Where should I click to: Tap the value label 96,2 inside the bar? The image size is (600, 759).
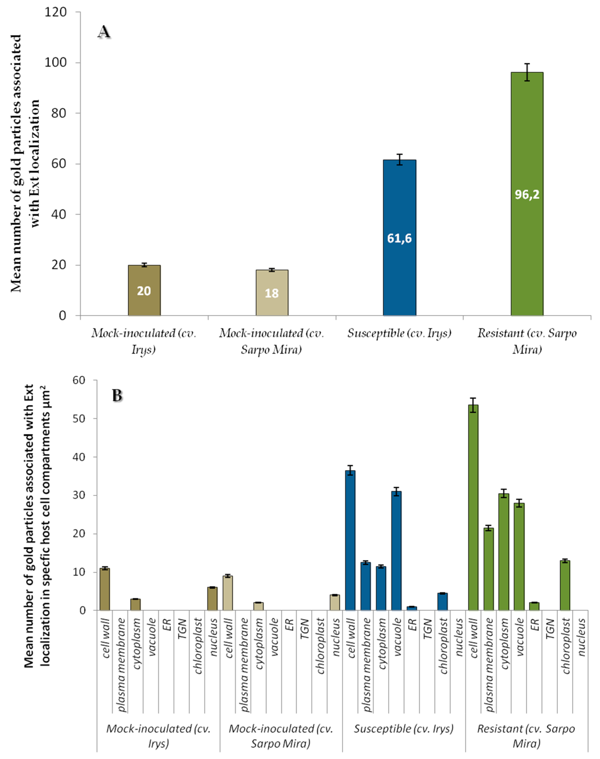pyautogui.click(x=527, y=194)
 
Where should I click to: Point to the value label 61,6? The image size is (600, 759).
pyautogui.click(x=399, y=238)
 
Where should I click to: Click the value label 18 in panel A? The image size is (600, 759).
pyautogui.click(x=272, y=293)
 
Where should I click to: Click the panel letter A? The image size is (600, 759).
pyautogui.click(x=104, y=32)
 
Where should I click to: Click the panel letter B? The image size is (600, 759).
pyautogui.click(x=117, y=396)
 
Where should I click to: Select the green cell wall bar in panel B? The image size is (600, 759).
pyautogui.click(x=473, y=510)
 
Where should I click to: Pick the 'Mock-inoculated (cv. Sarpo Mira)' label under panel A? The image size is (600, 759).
pyautogui.click(x=272, y=341)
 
